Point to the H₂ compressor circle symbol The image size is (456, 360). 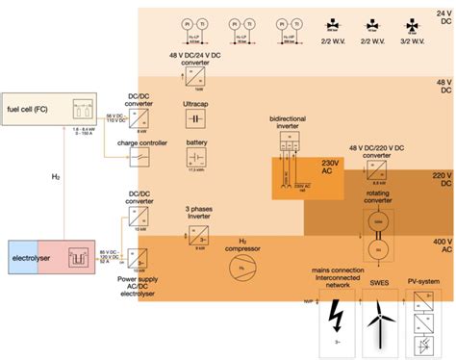[236, 267]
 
